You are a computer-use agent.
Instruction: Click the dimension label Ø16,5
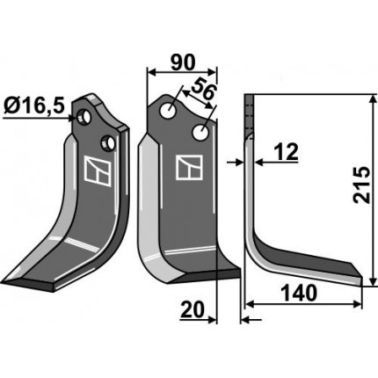click(x=34, y=105)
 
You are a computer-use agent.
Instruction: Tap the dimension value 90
click(x=183, y=62)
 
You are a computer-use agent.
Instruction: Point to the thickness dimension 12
click(x=286, y=152)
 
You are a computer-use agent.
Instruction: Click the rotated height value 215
click(x=361, y=185)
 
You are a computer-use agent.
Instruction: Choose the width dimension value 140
click(x=299, y=294)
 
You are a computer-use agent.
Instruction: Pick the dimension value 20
click(x=192, y=310)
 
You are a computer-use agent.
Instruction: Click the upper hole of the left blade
click(x=84, y=117)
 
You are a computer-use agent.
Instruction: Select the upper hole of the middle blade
click(x=168, y=111)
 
